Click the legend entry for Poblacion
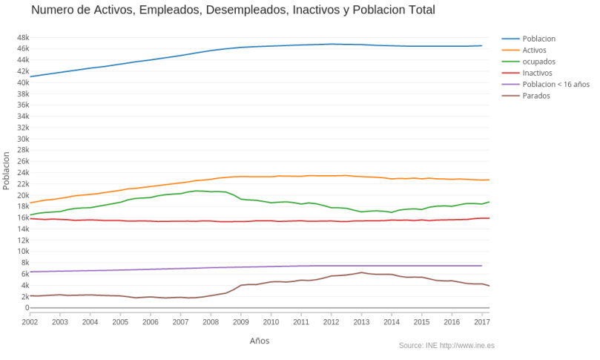pos(538,38)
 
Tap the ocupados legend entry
pos(539,62)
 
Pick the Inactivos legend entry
pos(538,73)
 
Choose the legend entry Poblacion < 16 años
pos(556,85)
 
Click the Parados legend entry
pos(536,96)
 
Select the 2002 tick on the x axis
pos(30,322)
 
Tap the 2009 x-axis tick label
pos(240,322)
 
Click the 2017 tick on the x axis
pos(481,322)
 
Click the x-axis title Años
pos(260,341)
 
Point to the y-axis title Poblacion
pos(7,172)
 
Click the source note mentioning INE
pos(446,345)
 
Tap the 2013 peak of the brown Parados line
pos(361,272)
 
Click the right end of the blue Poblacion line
pos(481,46)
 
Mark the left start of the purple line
pos(30,272)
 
